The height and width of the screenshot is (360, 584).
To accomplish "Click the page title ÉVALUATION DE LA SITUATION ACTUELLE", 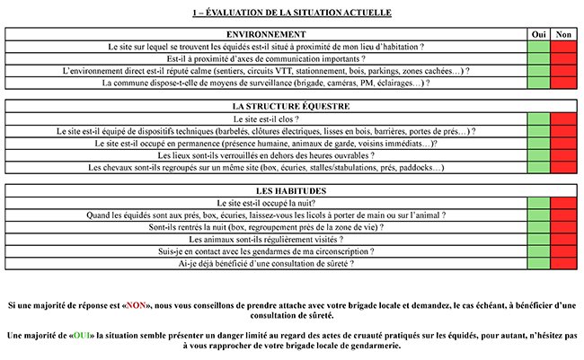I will pyautogui.click(x=292, y=13).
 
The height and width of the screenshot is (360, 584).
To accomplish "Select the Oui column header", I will pyautogui.click(x=539, y=34).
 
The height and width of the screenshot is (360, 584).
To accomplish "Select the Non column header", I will pyautogui.click(x=564, y=34).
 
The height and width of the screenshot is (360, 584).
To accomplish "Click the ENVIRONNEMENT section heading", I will pyautogui.click(x=266, y=34).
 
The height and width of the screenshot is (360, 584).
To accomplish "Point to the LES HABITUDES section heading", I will pyautogui.click(x=266, y=191).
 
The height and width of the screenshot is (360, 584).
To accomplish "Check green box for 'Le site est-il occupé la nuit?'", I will pyautogui.click(x=539, y=204).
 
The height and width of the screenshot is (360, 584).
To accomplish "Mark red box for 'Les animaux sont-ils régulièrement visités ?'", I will pyautogui.click(x=564, y=241).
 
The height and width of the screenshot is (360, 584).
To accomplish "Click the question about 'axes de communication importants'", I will pyautogui.click(x=266, y=58).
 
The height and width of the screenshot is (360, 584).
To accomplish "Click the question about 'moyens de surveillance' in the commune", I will pyautogui.click(x=266, y=83).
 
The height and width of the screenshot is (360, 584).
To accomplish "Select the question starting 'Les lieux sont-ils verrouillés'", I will pyautogui.click(x=266, y=155).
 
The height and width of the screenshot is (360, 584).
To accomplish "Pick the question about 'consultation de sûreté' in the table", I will pyautogui.click(x=266, y=265).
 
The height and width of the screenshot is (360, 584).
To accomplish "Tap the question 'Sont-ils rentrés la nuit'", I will pyautogui.click(x=266, y=228).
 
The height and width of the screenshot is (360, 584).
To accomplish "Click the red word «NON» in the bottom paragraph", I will pyautogui.click(x=137, y=305).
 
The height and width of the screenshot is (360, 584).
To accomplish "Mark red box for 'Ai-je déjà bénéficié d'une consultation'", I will pyautogui.click(x=564, y=265).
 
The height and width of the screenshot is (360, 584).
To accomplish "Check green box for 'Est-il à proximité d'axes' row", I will pyautogui.click(x=539, y=58).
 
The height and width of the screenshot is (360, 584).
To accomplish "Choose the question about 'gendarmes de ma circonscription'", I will pyautogui.click(x=266, y=252).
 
